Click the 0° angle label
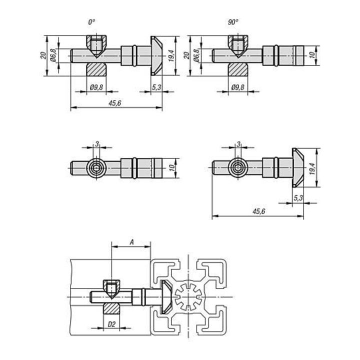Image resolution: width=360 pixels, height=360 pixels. click(91, 22)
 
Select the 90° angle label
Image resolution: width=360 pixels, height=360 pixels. click(233, 22)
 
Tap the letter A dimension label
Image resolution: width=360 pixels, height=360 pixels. click(131, 242)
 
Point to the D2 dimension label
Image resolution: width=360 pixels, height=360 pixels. click(111, 324)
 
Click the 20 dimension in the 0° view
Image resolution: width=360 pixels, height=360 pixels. click(43, 55)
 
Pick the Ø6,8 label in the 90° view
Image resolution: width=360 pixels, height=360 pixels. click(196, 55)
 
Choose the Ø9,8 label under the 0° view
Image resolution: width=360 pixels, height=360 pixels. click(96, 87)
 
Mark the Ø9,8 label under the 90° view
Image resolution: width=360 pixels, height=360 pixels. click(238, 87)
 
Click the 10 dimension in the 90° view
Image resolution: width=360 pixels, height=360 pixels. click(311, 55)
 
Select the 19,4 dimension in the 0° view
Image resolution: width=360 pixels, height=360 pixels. click(171, 56)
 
